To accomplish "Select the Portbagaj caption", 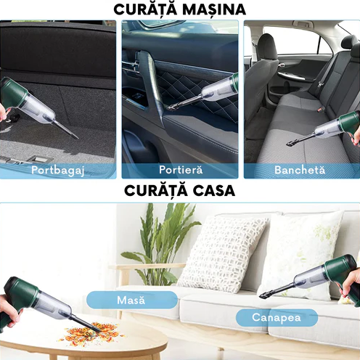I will tap(57, 170).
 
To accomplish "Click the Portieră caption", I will tap(180, 170).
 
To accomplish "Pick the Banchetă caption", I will tap(301, 170).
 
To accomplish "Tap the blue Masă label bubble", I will tap(131, 300).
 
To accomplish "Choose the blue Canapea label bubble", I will tap(276, 317).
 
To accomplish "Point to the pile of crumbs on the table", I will tap(90, 334).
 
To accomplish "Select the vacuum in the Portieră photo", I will tap(210, 92).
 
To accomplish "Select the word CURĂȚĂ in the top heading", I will tap(146, 9).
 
